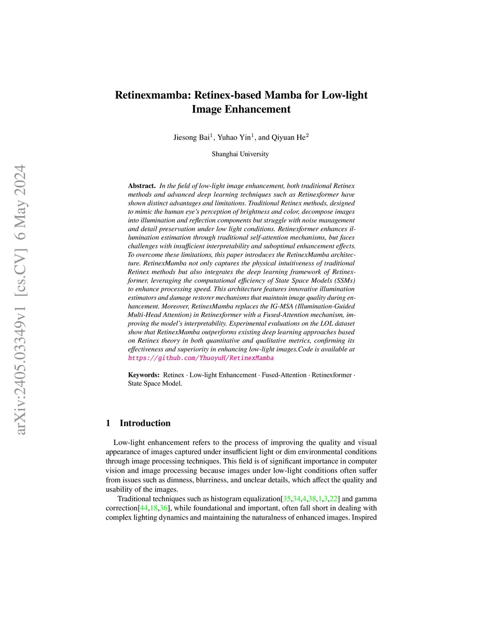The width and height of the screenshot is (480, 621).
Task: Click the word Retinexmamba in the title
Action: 152,95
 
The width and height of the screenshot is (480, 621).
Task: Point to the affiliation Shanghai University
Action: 240,154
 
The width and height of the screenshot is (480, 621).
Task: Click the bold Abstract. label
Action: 142,186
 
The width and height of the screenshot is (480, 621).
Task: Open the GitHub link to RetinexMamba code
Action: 201,358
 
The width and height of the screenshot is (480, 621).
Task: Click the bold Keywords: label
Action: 144,375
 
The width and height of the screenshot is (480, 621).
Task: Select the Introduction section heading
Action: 145,423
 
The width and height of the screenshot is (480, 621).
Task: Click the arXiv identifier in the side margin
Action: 21,366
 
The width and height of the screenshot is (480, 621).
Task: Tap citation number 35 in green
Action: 287,499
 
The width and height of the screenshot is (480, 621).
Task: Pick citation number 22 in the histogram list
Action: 334,499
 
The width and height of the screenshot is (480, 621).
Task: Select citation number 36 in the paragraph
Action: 164,508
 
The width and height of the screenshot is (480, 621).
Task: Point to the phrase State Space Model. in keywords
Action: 155,383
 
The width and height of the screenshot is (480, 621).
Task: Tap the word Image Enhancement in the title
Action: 241,110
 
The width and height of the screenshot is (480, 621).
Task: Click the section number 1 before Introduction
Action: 108,423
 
